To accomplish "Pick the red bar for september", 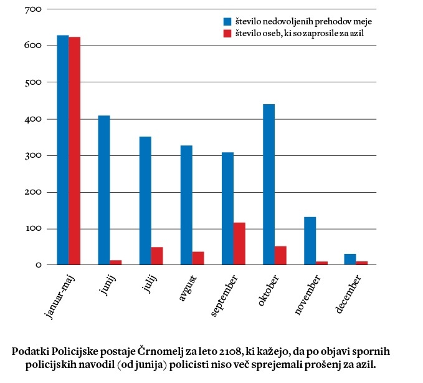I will (239, 244).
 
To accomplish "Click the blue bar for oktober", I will (269, 185).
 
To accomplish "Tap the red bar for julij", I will (157, 256).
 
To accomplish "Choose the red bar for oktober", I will (280, 256).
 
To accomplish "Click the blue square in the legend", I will (227, 21).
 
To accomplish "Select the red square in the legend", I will (227, 33).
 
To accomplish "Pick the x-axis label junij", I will (109, 286).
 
